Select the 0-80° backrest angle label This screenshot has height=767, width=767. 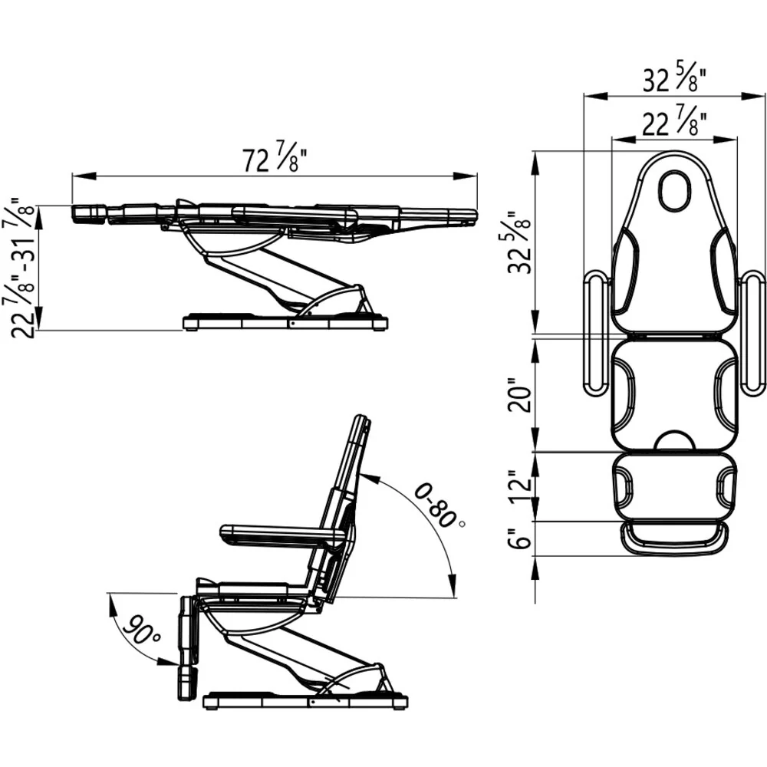(x=438, y=505)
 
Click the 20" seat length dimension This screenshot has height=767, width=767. (x=519, y=394)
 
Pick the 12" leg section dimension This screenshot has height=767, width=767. (x=519, y=487)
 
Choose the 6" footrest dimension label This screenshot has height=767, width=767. (x=519, y=538)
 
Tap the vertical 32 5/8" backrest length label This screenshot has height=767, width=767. (x=519, y=242)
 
